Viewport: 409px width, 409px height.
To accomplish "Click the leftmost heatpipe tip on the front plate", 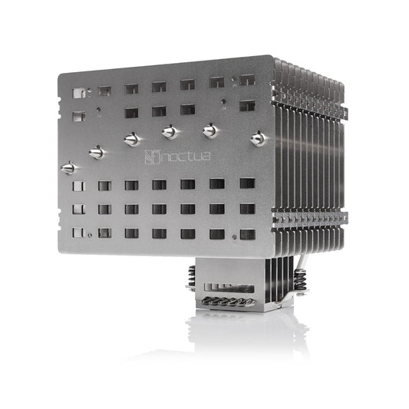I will point(69,168).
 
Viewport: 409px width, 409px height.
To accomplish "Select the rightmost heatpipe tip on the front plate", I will point(258,138).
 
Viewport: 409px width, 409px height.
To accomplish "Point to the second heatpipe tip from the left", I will point(97,153).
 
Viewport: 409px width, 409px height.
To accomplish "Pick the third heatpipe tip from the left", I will point(132,139).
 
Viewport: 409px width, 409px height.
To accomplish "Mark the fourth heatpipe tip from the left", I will point(170,132).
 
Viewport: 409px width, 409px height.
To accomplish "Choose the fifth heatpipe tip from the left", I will point(209,131).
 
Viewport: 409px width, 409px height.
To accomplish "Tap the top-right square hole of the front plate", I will point(247,80).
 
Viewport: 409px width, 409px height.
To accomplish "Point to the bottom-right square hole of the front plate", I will point(247,233).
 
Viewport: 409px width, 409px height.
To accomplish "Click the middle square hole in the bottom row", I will point(159,233).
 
